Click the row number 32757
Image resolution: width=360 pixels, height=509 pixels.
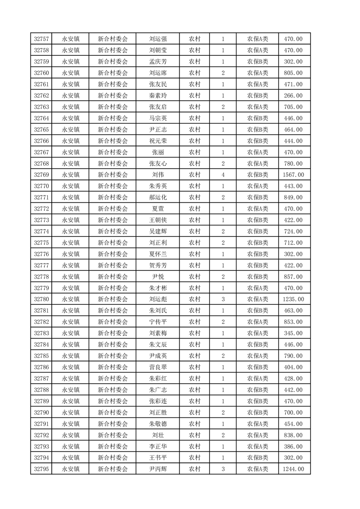41,39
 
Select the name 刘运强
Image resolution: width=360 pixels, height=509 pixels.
158,39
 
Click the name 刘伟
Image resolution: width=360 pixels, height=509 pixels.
158,175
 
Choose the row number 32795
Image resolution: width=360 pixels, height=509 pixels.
41,469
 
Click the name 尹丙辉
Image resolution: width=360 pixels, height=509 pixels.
158,469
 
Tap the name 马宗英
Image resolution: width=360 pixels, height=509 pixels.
158,118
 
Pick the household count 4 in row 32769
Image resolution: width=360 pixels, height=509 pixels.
223,175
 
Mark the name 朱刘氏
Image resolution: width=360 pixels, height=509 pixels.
158,311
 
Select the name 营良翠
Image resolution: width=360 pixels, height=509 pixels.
158,367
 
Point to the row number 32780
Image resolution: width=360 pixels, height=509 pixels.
41,299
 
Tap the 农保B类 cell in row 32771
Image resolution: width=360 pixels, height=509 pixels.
257,197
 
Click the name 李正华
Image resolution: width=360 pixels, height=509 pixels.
158,446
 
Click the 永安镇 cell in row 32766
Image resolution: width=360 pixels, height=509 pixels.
71,141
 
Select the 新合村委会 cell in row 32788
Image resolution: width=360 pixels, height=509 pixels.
113,390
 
